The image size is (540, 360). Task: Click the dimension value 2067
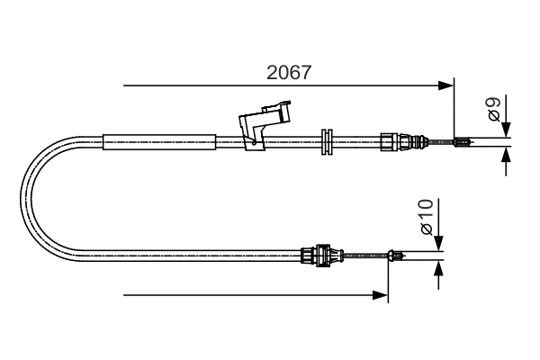tap(289, 73)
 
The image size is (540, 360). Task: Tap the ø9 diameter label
tap(494, 111)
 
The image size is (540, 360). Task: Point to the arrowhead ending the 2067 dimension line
tap(446, 85)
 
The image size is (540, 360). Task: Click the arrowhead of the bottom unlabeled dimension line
tap(381, 294)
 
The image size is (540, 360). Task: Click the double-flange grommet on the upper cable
tap(328, 140)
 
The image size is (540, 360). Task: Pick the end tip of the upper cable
tap(463, 140)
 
